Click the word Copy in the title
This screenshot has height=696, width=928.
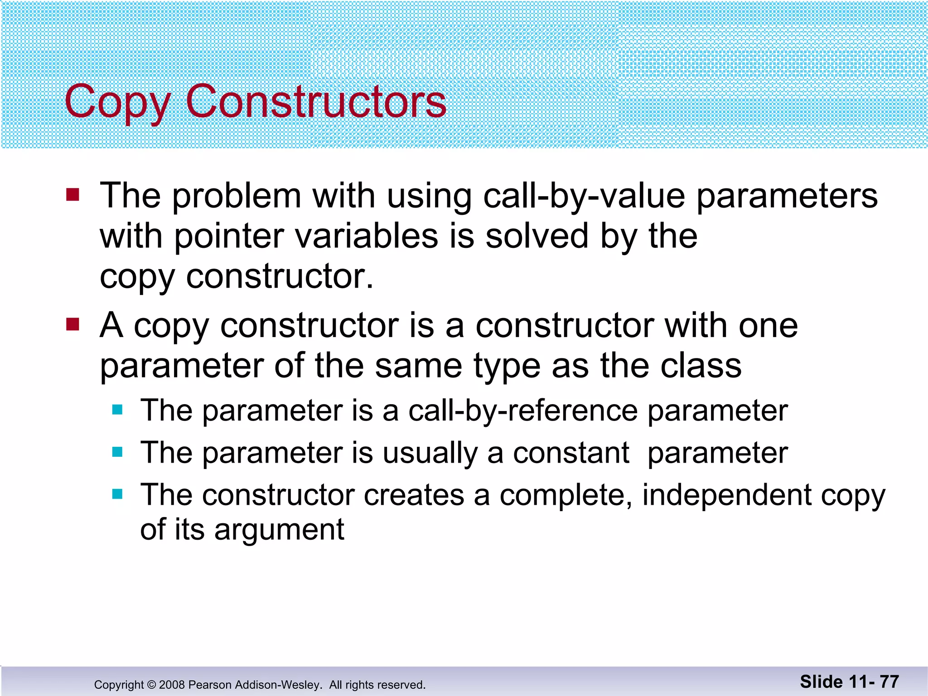[x=117, y=102]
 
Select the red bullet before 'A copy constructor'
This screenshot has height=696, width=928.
[x=72, y=324]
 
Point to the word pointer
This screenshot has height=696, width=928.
[x=229, y=237]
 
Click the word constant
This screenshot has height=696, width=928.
[x=571, y=453]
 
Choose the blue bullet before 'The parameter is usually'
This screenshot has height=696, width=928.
[x=117, y=452]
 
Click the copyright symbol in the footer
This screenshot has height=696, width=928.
[x=151, y=685]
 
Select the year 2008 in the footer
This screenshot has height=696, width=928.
[x=172, y=685]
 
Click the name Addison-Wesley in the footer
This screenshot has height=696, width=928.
[x=279, y=685]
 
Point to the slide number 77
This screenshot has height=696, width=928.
[x=889, y=681]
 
